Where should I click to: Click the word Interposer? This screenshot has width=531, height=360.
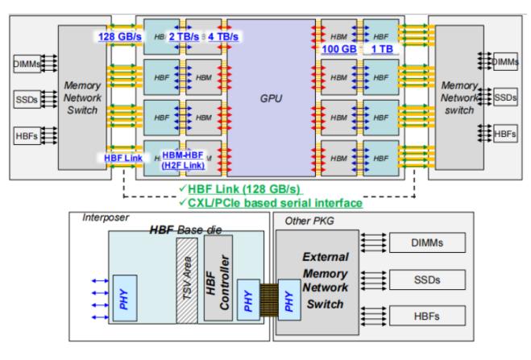[x=106, y=218]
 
